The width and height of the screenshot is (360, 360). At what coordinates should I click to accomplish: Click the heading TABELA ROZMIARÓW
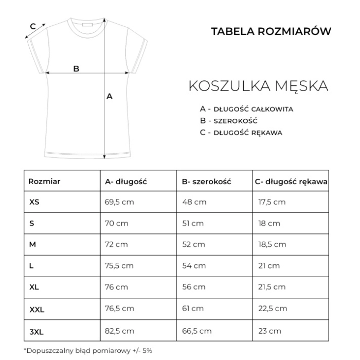(271, 30)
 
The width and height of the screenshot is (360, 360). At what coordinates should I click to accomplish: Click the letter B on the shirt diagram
(76, 68)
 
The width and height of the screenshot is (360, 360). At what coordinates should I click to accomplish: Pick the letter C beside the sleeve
(32, 26)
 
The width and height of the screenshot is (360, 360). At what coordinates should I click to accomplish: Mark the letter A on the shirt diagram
(109, 96)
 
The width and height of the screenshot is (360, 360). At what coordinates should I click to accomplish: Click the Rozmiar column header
(45, 182)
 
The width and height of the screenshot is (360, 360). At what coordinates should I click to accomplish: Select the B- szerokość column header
(207, 182)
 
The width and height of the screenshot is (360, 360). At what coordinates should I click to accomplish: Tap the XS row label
(34, 202)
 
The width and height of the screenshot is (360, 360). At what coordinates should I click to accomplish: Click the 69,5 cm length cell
(119, 202)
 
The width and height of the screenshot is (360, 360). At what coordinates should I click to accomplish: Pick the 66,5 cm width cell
(197, 331)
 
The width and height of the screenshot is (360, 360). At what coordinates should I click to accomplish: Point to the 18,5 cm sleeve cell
(272, 245)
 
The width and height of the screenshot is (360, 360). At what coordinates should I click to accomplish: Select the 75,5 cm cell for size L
(119, 266)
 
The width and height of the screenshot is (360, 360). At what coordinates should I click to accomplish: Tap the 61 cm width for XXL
(193, 309)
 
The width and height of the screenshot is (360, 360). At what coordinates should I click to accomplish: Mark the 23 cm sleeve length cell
(269, 331)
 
